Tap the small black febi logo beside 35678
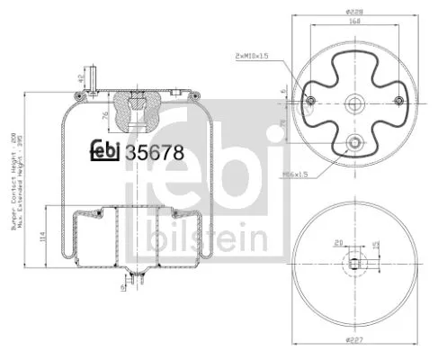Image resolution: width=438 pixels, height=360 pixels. coord(108,152)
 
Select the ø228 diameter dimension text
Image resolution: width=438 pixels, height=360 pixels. coord(353,11)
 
